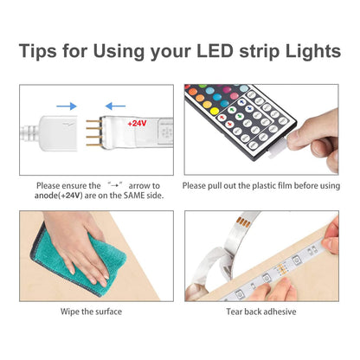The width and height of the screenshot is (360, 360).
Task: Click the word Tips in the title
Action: (44, 51)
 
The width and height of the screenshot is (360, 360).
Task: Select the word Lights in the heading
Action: (309, 51)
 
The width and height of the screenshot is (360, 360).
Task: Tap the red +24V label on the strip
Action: (137, 124)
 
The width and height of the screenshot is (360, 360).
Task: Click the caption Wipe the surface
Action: (91, 311)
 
